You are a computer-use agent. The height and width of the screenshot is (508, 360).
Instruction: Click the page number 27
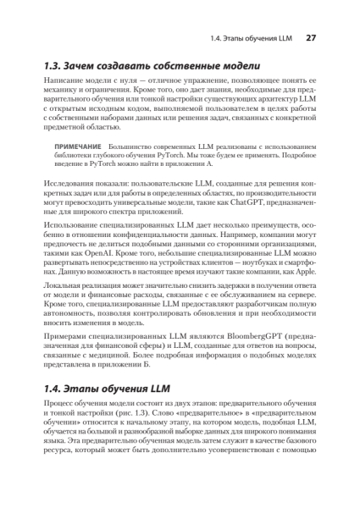(310, 38)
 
